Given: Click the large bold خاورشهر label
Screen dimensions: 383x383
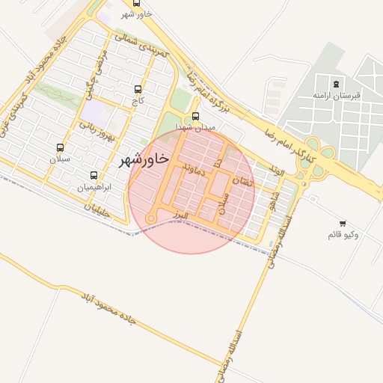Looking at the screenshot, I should (x=141, y=160).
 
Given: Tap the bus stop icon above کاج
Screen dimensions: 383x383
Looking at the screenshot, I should (x=137, y=89).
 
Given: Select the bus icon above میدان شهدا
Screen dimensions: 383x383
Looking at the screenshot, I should (x=195, y=116).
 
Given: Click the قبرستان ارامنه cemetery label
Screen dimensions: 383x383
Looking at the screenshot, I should (x=337, y=96).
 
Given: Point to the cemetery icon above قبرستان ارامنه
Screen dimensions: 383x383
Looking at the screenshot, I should (x=337, y=84).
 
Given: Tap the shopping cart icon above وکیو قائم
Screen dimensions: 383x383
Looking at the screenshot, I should (x=343, y=223).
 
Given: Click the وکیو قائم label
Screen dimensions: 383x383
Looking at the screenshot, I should (x=343, y=235).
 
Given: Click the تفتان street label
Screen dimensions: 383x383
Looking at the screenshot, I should (x=244, y=180).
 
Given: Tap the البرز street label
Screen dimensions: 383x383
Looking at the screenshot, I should (x=178, y=215).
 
